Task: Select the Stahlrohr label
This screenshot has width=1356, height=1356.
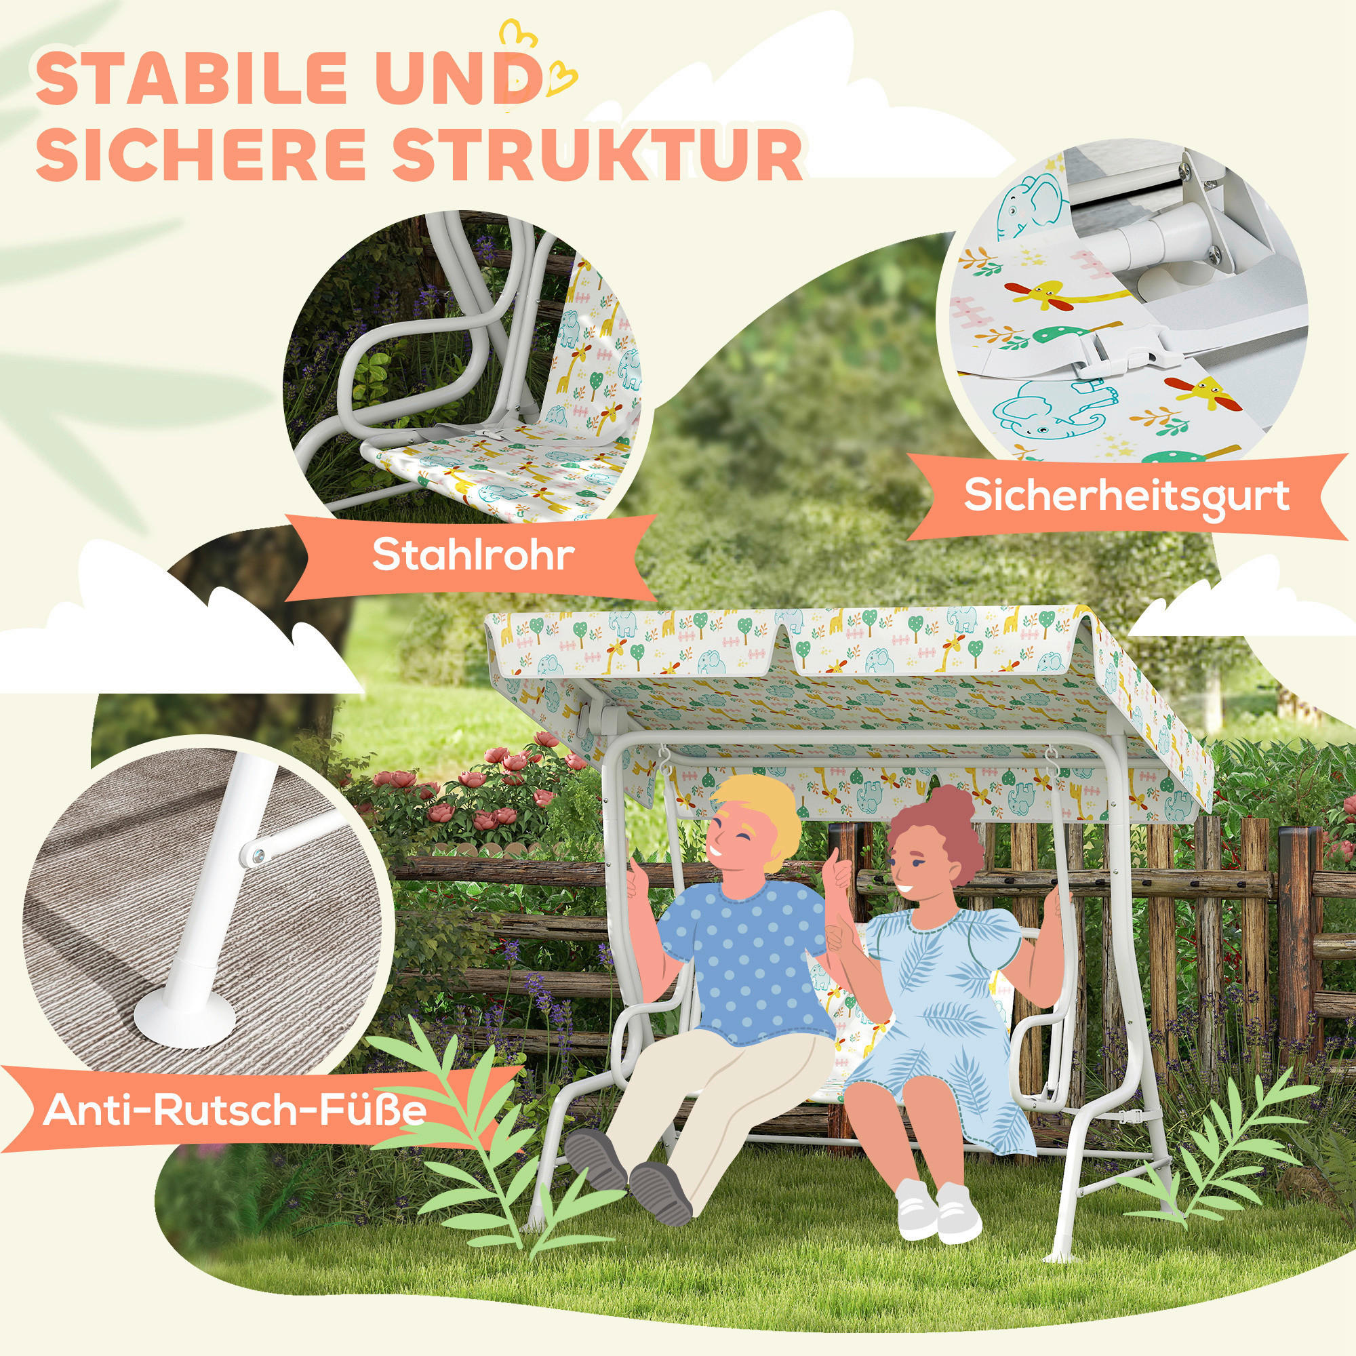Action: click(x=473, y=556)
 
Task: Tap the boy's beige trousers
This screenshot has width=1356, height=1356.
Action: click(x=709, y=1095)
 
